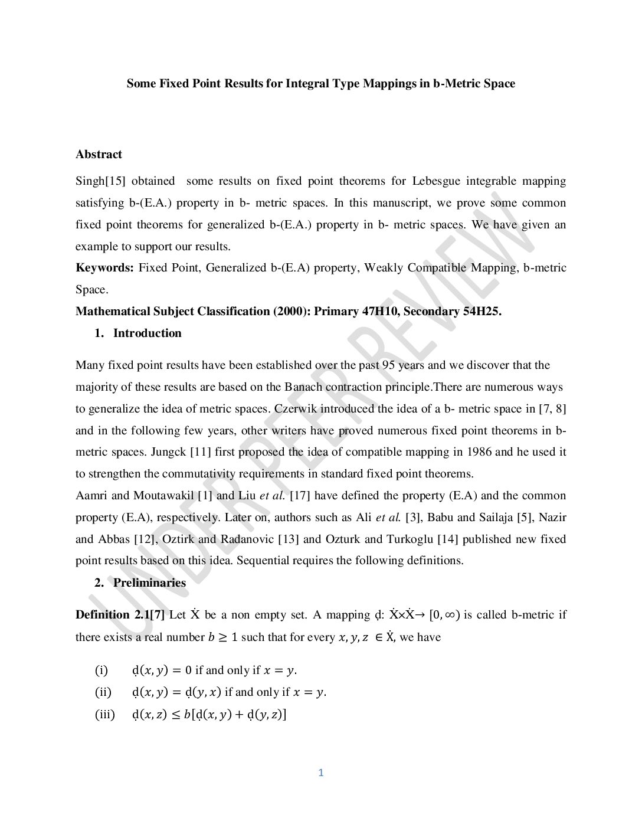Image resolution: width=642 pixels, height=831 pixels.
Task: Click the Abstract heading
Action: tap(99, 155)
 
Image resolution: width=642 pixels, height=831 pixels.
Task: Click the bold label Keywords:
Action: tap(105, 268)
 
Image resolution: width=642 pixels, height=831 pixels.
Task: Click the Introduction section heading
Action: tap(147, 333)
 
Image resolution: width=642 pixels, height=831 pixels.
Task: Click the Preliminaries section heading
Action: tap(149, 583)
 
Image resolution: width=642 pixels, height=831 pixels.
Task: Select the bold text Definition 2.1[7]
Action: tap(120, 615)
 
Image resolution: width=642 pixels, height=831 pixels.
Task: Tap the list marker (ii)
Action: tap(103, 692)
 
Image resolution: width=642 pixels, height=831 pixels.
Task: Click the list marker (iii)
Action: tap(105, 715)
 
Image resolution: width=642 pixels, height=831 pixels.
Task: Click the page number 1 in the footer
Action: tap(321, 773)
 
